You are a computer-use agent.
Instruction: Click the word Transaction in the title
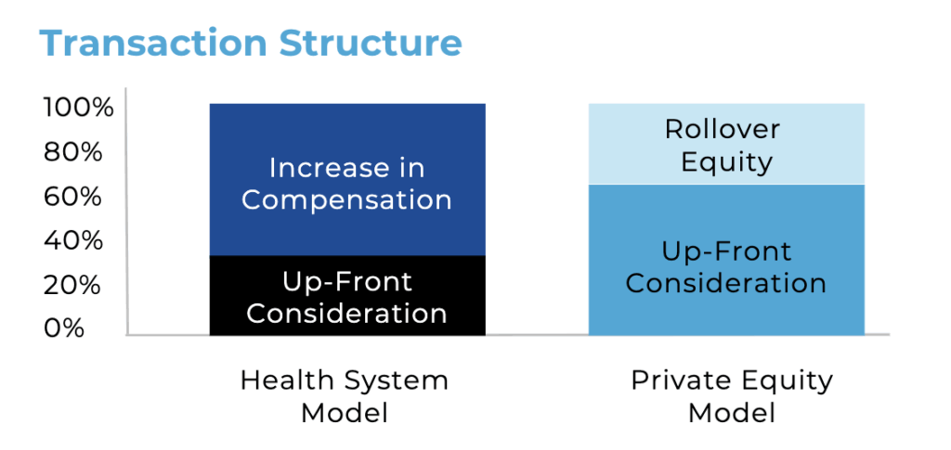(153, 43)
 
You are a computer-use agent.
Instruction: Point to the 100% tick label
(78, 109)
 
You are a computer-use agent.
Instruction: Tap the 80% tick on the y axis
(72, 152)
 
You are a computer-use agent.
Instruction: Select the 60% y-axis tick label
(72, 197)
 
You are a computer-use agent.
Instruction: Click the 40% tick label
(72, 241)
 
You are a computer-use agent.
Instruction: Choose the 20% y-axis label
(72, 285)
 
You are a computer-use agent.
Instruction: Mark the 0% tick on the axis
(64, 328)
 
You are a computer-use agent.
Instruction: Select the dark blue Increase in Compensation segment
(347, 180)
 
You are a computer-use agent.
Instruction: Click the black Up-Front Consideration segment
(347, 296)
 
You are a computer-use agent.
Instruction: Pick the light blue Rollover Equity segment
(726, 144)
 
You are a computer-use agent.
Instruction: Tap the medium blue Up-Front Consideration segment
(726, 260)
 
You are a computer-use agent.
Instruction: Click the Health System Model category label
(345, 397)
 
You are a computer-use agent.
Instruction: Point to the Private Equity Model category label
(732, 397)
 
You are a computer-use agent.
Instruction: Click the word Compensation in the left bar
(347, 200)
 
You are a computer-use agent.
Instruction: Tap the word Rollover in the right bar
(723, 130)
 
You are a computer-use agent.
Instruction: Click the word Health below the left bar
(288, 381)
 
